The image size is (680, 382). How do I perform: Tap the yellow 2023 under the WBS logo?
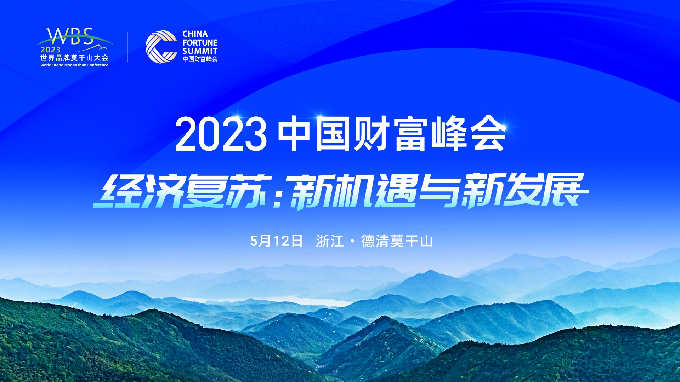click(x=50, y=50)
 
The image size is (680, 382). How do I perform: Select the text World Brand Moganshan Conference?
click(x=74, y=65)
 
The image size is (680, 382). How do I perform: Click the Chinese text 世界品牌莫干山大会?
click(x=74, y=58)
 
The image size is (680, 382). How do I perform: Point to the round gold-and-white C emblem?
click(x=161, y=47)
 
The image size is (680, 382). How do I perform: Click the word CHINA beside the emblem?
click(x=195, y=34)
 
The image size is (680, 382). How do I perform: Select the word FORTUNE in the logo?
click(x=200, y=42)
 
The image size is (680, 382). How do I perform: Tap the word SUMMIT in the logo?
click(x=200, y=51)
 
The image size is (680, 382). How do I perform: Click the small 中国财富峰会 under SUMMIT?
click(x=200, y=59)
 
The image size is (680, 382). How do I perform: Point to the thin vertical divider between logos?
click(x=128, y=47)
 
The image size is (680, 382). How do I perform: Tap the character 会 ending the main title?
click(x=489, y=134)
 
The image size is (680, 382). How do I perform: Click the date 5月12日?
click(x=276, y=241)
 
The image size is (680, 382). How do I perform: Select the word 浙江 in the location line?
click(x=330, y=241)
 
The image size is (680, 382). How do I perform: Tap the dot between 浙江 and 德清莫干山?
click(x=352, y=242)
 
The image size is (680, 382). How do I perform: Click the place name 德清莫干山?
click(x=397, y=241)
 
